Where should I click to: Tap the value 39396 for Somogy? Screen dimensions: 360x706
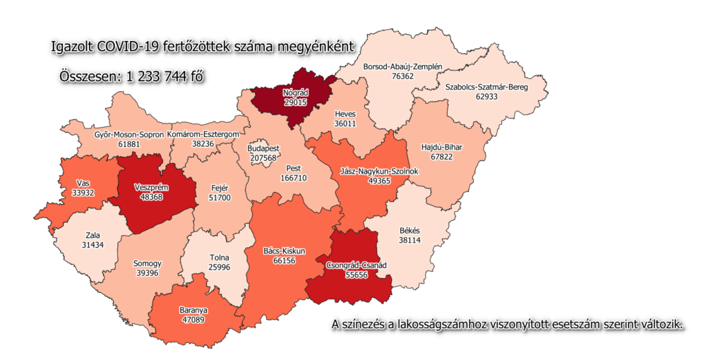click(148, 273)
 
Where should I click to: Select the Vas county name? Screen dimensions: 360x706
click(83, 184)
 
